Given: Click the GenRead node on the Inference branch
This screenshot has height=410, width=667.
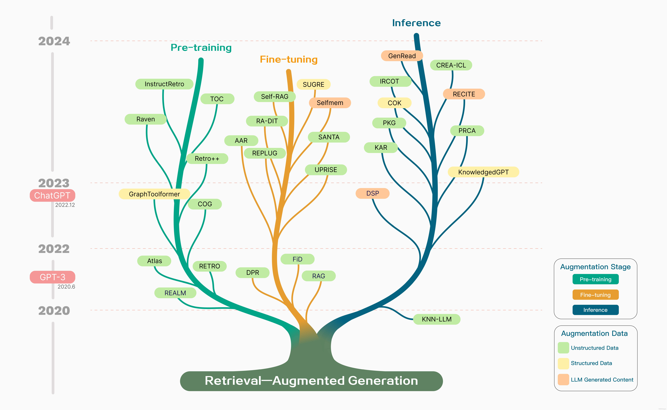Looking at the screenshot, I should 402,56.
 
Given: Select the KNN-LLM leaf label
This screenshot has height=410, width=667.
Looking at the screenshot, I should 437,319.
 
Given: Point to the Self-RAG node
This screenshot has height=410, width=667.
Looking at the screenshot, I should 274,97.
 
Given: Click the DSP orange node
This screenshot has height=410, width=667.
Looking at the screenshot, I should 372,193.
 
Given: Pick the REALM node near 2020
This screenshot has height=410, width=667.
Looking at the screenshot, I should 175,293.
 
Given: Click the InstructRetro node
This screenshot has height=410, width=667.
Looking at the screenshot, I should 164,84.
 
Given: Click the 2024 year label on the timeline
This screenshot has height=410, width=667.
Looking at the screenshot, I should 54,41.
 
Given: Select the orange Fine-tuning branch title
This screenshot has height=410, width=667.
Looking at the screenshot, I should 289,59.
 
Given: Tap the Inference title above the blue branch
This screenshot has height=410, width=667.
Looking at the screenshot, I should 416,23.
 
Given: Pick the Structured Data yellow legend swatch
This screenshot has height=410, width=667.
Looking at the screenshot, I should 563,363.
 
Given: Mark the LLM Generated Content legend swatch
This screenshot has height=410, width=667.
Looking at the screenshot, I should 563,379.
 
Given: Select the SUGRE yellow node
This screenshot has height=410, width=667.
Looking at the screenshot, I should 313,84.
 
